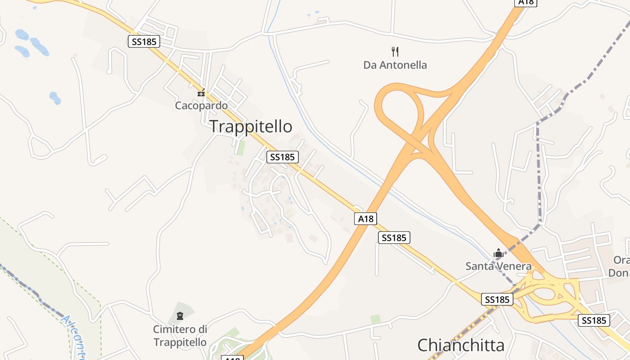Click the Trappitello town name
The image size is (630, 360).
251,126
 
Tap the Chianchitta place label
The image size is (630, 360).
461,345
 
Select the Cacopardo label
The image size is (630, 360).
201,106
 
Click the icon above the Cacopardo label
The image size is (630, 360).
201,93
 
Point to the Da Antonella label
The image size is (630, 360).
395,65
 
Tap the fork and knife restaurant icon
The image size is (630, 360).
395,51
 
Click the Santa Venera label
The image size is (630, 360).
498,266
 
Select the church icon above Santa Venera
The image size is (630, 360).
498,253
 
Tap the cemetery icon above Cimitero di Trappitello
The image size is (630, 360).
180,316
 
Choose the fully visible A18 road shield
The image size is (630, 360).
365,219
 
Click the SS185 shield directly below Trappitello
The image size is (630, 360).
283,157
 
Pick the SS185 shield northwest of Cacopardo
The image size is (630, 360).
144,42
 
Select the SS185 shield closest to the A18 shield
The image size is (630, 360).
394,238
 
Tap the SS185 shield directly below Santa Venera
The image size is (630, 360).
497,299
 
